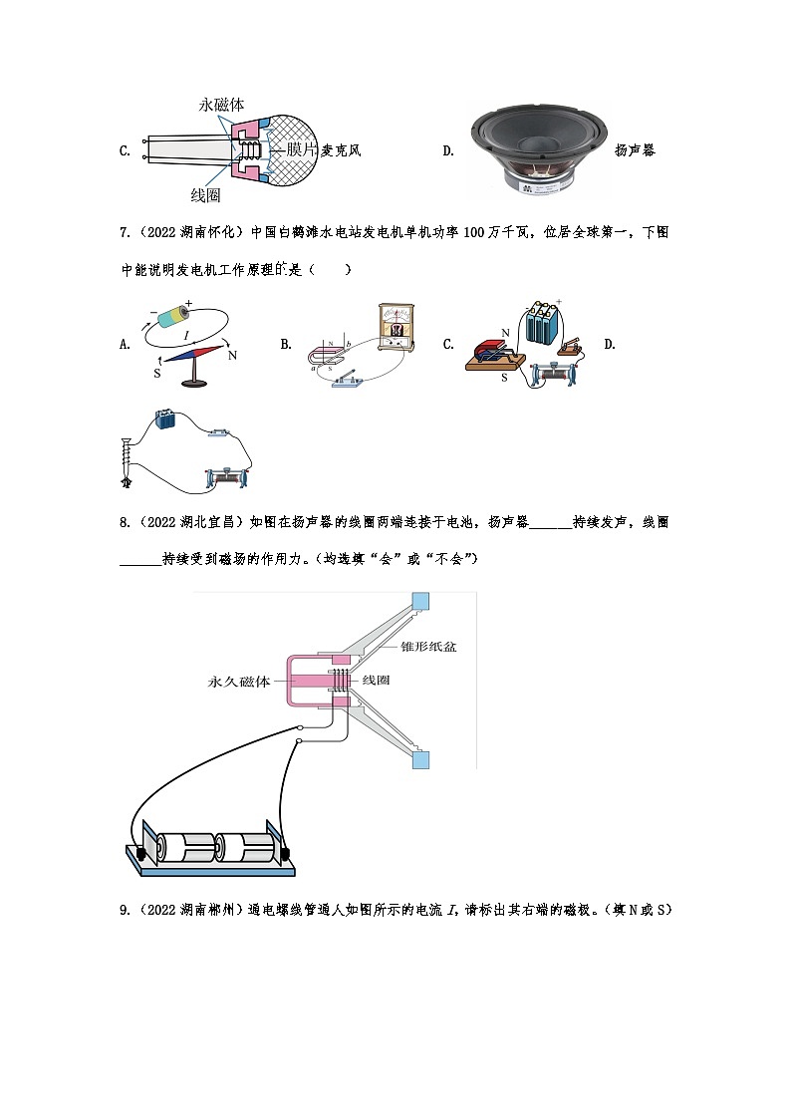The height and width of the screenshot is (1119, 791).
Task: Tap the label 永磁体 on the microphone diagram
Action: pos(222,105)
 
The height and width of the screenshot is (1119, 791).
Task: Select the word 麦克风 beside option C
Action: pos(341,151)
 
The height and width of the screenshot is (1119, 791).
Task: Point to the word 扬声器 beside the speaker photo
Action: pos(635,151)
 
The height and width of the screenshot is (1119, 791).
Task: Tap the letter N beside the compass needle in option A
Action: pos(232,355)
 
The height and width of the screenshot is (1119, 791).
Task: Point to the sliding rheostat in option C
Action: pos(551,376)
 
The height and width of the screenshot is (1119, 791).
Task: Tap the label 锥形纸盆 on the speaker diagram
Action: pos(428,647)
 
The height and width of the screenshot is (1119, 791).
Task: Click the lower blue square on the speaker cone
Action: pos(420,761)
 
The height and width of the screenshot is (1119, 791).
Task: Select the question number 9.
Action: pos(124,909)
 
